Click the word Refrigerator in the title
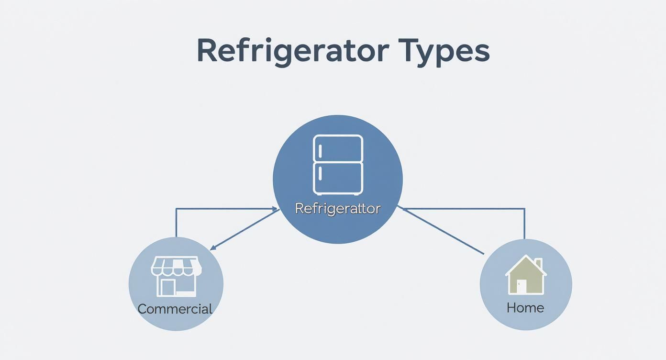tap(292, 51)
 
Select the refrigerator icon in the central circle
tap(338, 164)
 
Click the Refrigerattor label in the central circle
tap(338, 208)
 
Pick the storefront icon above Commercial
tap(176, 276)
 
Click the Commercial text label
tap(175, 309)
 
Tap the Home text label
tap(525, 307)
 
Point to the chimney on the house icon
tap(539, 264)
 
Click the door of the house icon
tap(521, 286)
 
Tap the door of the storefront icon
tap(168, 287)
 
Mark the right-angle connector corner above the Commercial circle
tap(177, 209)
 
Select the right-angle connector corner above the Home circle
tap(524, 209)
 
